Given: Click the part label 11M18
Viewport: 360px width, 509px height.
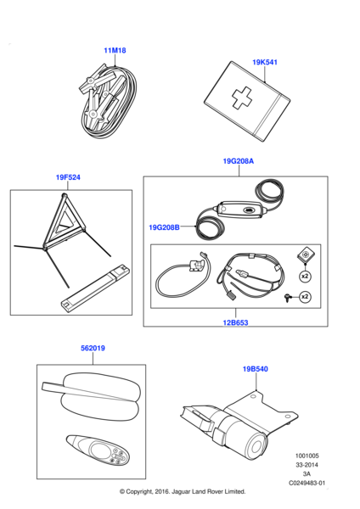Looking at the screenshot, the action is point(115,50).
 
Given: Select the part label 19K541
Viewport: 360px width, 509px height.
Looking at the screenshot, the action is point(265,62).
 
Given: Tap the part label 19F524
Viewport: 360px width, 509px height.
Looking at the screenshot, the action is point(68,177).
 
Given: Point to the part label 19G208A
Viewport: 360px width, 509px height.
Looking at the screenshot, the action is point(239,161).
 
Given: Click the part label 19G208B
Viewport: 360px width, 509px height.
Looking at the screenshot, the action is point(164,227).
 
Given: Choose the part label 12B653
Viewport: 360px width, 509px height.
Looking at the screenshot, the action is point(235,322).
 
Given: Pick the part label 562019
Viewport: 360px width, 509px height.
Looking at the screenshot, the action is point(93,348).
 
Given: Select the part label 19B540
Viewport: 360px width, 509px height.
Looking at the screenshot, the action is point(256,369).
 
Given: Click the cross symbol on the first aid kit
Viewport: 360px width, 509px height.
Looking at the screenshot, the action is point(242,97).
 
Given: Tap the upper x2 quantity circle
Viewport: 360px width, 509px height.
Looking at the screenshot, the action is point(305,277).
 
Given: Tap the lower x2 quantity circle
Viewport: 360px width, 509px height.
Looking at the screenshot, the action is point(305,297).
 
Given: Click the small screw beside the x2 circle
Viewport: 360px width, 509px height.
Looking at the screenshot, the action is point(288,298).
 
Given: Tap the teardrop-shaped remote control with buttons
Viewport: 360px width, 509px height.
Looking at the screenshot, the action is point(98,450).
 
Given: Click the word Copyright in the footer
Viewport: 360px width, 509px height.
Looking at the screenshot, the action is point(138,491).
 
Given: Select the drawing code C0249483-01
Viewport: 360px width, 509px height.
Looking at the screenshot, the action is point(307,483).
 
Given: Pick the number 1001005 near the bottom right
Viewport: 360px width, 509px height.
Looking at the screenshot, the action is point(307,456).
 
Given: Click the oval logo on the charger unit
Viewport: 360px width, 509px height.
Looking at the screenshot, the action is point(250,210).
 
